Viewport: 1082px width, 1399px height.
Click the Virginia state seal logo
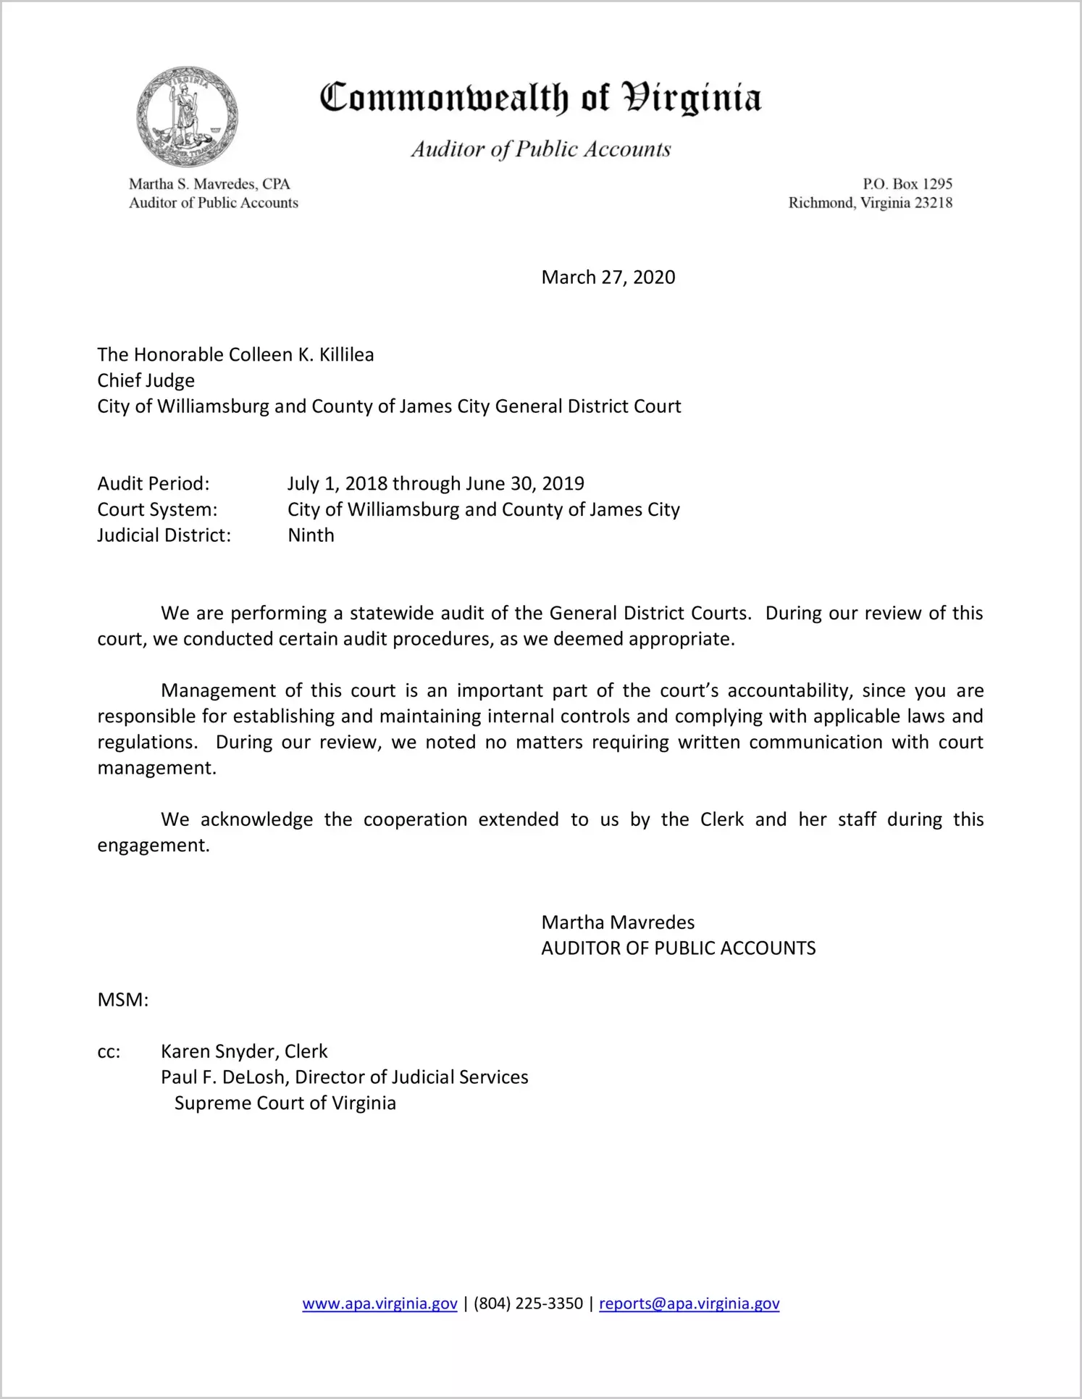click(x=187, y=117)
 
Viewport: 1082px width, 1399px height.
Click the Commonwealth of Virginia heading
click(x=540, y=98)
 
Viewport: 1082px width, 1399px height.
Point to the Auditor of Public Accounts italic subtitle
click(x=540, y=149)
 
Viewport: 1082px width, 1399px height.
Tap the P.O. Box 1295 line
click(x=907, y=184)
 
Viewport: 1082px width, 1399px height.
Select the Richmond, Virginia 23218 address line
click(x=870, y=203)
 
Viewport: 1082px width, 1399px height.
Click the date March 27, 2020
click(x=608, y=277)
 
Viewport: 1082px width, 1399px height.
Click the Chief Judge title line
click(x=146, y=381)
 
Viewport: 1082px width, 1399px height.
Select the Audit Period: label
click(x=154, y=484)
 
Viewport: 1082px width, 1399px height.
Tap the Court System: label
click(x=157, y=510)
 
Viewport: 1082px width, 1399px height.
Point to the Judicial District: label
click(x=164, y=535)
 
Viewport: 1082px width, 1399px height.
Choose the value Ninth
click(x=311, y=535)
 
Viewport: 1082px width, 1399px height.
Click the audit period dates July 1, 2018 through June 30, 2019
click(x=435, y=484)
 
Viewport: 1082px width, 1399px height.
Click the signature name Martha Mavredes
click(x=617, y=922)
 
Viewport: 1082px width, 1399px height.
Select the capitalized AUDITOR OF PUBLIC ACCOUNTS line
click(x=678, y=948)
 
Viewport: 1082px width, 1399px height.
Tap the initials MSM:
click(x=122, y=1001)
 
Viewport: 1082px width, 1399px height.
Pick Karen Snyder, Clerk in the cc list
click(x=244, y=1051)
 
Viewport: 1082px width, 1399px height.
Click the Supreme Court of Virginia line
click(x=285, y=1103)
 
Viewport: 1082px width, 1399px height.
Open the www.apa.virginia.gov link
click(x=379, y=1303)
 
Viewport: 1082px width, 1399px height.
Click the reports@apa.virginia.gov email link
click(x=689, y=1303)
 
